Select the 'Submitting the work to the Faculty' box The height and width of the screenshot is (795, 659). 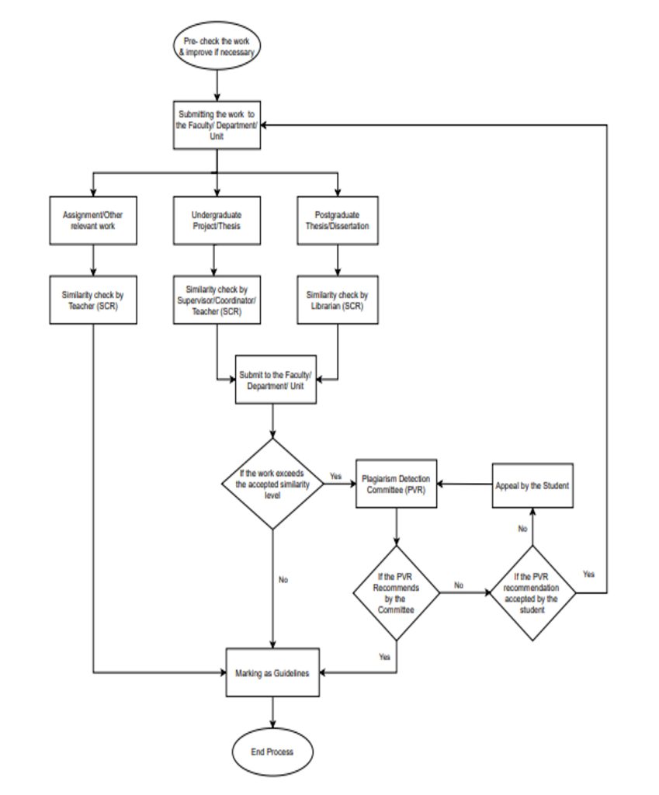click(x=217, y=125)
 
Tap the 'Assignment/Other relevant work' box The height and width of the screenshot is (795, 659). click(x=94, y=220)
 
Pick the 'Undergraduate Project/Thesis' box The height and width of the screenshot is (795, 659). click(x=217, y=220)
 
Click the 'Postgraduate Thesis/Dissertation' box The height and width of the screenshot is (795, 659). click(x=338, y=220)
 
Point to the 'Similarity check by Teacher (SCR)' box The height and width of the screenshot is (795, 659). click(x=94, y=300)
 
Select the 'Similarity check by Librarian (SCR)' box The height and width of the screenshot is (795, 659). click(x=338, y=300)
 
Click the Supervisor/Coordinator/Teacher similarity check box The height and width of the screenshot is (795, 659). click(x=217, y=300)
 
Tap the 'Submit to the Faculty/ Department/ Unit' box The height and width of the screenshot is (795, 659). click(x=275, y=380)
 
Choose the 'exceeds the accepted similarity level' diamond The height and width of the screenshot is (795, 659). click(x=272, y=484)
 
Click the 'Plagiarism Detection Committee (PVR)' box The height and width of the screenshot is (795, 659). click(x=396, y=484)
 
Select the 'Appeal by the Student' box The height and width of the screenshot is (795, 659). click(x=532, y=485)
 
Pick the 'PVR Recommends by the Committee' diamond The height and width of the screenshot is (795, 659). click(x=396, y=593)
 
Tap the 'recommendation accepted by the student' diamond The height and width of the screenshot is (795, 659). click(x=532, y=593)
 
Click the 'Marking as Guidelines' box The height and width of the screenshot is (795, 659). click(x=272, y=673)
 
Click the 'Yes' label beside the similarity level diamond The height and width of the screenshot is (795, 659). click(x=335, y=476)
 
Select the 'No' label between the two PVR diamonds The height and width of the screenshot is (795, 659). click(x=459, y=585)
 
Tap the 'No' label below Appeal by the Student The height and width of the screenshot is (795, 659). click(x=522, y=528)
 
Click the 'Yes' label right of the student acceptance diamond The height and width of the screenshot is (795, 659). click(x=589, y=574)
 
